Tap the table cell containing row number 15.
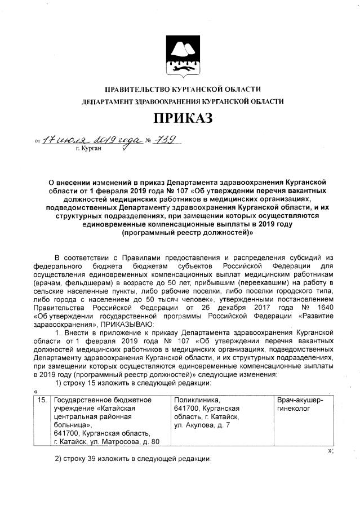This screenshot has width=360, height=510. [42, 400]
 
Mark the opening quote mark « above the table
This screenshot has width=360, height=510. [35, 391]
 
